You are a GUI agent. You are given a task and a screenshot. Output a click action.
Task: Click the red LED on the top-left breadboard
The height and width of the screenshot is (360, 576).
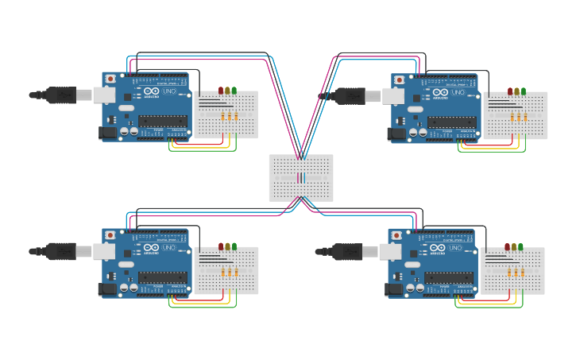click(x=221, y=91)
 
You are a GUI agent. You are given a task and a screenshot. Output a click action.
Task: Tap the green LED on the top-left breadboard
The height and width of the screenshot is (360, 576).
click(x=234, y=91)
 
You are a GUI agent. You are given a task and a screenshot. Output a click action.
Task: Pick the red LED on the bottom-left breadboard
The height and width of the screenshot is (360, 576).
click(x=221, y=246)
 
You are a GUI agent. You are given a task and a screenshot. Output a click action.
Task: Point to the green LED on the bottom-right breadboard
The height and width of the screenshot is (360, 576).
click(x=520, y=246)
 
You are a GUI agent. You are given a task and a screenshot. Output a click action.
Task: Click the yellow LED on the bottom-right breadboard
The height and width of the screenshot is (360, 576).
click(x=514, y=246)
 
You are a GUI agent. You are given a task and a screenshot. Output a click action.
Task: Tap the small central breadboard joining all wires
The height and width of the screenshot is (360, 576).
click(x=301, y=178)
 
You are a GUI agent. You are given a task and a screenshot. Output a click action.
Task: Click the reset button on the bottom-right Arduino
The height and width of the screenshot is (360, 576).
click(x=396, y=235)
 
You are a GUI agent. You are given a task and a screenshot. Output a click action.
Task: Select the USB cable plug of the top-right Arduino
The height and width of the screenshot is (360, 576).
click(x=350, y=95)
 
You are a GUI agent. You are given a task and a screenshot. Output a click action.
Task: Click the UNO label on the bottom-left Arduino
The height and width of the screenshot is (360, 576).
click(x=169, y=248)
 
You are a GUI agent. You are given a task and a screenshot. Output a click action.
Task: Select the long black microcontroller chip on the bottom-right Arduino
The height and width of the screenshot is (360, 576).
click(x=449, y=277)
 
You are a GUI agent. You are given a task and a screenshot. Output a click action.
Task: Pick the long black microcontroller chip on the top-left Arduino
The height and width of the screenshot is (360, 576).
click(x=163, y=122)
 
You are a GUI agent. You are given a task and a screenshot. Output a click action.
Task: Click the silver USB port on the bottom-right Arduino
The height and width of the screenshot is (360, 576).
click(x=390, y=251)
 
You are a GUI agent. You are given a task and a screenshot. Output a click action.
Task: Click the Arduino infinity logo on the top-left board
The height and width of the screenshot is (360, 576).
click(x=151, y=92)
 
